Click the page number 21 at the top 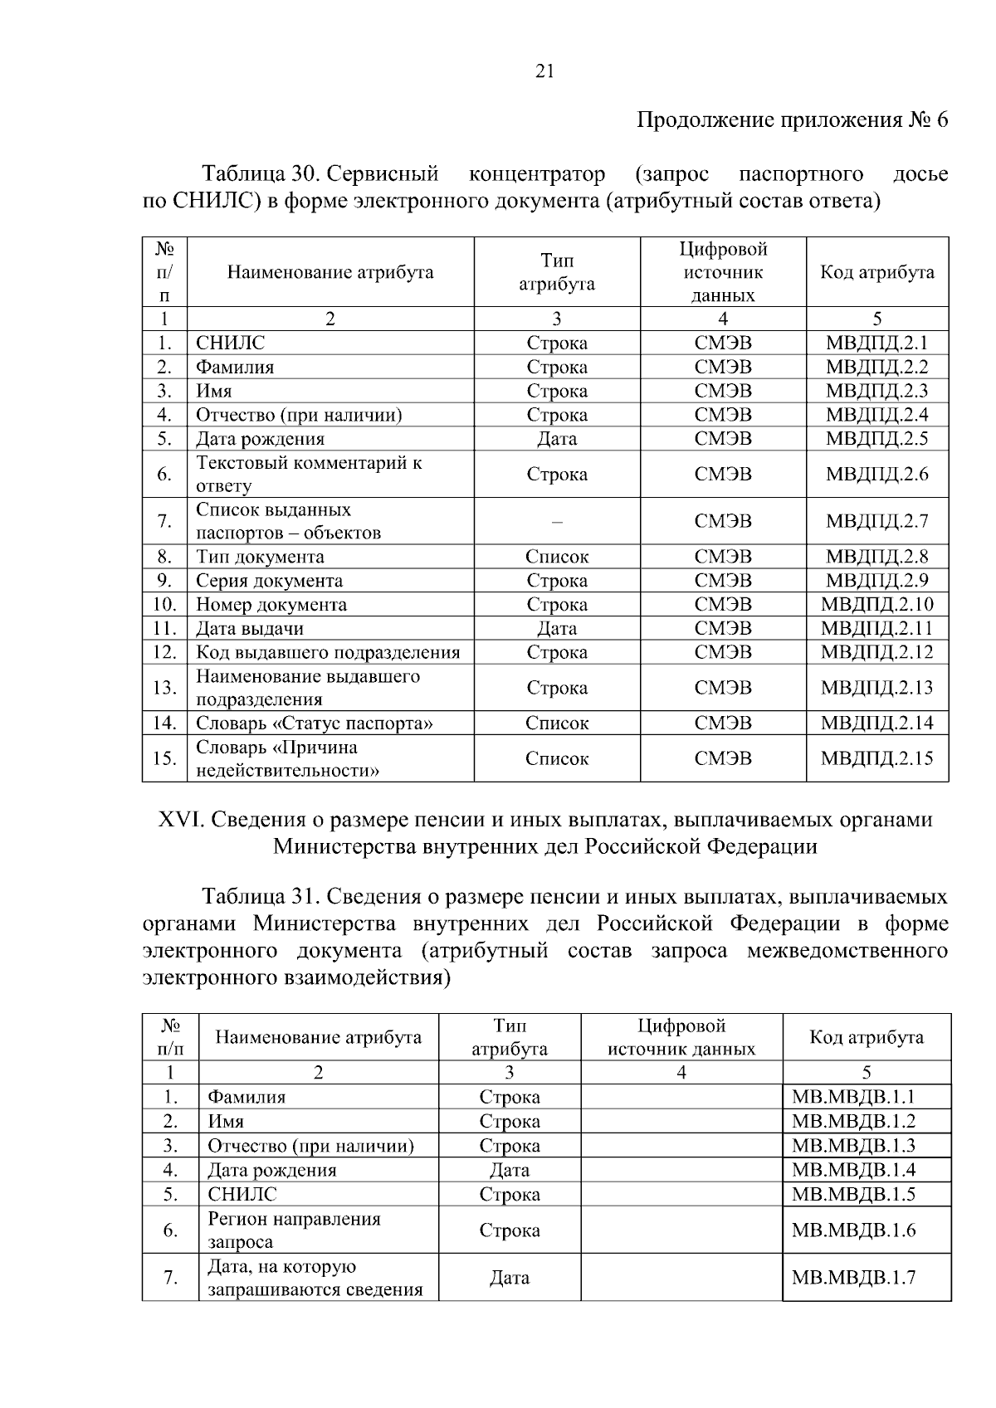pos(544,71)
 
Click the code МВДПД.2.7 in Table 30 pos(876,521)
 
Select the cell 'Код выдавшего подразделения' pos(328,652)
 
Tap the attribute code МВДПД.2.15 pos(876,758)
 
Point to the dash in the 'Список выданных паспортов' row pos(557,522)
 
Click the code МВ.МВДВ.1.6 pos(853,1230)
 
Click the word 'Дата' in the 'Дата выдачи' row pos(557,629)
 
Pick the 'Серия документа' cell pos(269,581)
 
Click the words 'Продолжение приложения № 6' pos(792,120)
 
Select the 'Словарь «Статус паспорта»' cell pos(315,723)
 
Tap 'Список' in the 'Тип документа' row pos(557,557)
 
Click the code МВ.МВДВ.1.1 pos(853,1097)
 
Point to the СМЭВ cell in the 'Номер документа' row pos(723,605)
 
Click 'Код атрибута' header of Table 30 pos(877,272)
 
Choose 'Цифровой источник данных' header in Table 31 pos(681,1037)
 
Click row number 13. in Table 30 pos(164,688)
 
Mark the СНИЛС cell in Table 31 pos(242,1195)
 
